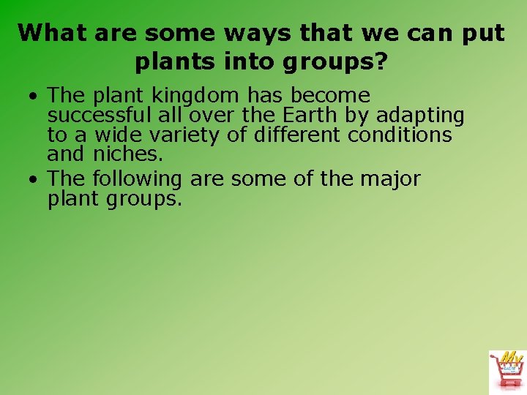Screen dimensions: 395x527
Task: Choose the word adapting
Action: (420, 116)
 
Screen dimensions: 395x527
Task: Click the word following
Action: (138, 179)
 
